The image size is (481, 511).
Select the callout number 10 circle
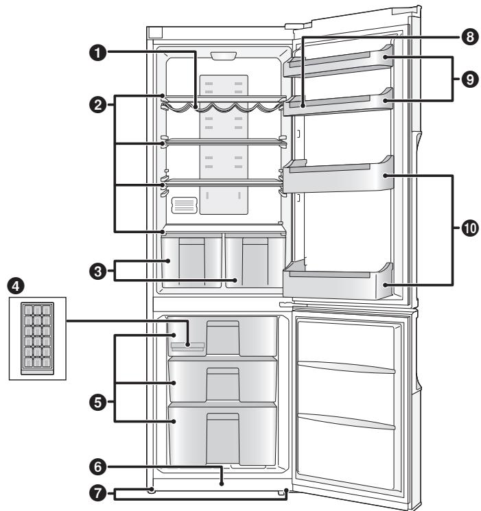coord(469,228)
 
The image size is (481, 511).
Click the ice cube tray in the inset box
coord(34,338)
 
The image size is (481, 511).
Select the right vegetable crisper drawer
coord(254,261)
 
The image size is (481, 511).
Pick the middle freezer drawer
coord(223,379)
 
